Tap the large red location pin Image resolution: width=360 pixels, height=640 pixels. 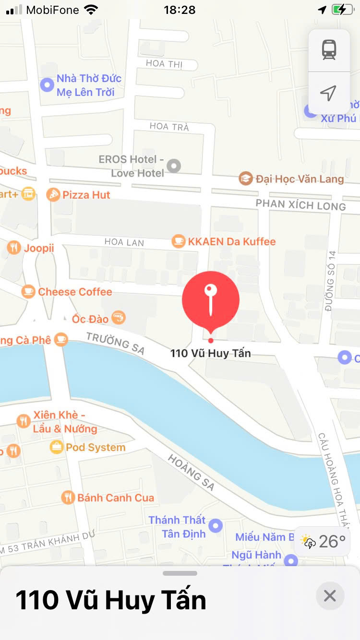pyautogui.click(x=210, y=299)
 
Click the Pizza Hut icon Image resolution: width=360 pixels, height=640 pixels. pyautogui.click(x=53, y=195)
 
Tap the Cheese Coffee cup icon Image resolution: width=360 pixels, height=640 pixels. pyautogui.click(x=28, y=292)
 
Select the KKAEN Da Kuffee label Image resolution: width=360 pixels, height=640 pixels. pyautogui.click(x=231, y=241)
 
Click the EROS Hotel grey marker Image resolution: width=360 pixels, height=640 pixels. pyautogui.click(x=173, y=166)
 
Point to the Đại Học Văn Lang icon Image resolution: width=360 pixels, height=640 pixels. pyautogui.click(x=246, y=179)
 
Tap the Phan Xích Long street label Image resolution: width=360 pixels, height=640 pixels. pyautogui.click(x=300, y=205)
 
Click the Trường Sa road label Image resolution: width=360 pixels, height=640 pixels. pyautogui.click(x=115, y=343)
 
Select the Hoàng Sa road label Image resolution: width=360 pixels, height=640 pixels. pyautogui.click(x=191, y=472)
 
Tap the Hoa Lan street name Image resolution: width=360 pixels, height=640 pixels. pyautogui.click(x=124, y=242)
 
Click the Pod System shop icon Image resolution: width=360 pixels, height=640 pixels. pyautogui.click(x=57, y=448)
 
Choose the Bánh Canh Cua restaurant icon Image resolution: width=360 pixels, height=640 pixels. pyautogui.click(x=69, y=498)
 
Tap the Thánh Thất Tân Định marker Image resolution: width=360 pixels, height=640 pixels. pyautogui.click(x=216, y=526)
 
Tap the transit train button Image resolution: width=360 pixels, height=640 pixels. pyautogui.click(x=329, y=50)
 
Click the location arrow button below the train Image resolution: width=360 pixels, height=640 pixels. pyautogui.click(x=328, y=93)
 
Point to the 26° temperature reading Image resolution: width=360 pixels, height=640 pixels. pyautogui.click(x=332, y=542)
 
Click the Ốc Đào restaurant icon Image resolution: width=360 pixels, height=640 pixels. pyautogui.click(x=118, y=317)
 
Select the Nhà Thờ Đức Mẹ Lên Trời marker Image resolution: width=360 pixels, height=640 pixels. pyautogui.click(x=47, y=85)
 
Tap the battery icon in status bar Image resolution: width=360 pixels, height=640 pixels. pyautogui.click(x=342, y=10)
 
